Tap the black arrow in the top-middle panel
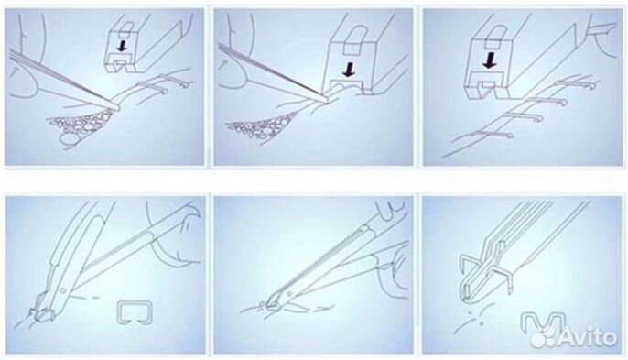[349, 70]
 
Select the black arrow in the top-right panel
[489, 60]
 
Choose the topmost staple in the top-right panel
[577, 83]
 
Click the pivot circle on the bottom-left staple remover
[62, 289]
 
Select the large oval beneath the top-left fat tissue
[69, 138]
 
